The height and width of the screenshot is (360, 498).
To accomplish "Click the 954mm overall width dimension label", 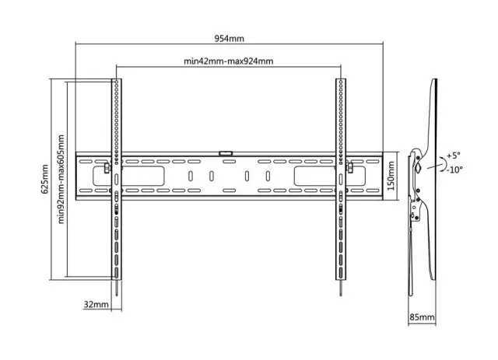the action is tap(229, 38).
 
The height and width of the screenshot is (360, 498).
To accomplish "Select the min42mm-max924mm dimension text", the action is tap(228, 61).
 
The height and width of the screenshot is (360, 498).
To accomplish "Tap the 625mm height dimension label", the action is tap(44, 179).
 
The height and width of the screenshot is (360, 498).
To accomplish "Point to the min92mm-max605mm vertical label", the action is tap(61, 180).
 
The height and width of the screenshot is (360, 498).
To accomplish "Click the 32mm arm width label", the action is tap(96, 305).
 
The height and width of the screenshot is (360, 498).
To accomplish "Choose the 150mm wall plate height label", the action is tap(391, 176).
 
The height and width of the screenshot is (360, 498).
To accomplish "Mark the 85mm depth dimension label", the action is tap(422, 316).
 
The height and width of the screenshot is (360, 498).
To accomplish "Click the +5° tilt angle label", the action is tap(453, 156).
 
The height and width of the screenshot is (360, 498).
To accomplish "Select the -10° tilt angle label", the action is tap(454, 170).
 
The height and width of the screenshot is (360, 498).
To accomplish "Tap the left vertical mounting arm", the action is tap(117, 180).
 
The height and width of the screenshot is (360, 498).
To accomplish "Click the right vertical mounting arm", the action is tap(341, 180).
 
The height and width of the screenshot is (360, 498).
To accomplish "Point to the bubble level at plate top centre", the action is tap(226, 153).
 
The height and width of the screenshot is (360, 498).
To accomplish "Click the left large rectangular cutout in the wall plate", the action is tap(128, 177).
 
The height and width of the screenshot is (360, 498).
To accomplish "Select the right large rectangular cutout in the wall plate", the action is tap(329, 177).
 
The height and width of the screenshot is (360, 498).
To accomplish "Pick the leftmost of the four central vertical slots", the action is tap(191, 177).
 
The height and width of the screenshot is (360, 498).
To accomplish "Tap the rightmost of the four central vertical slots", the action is tap(268, 177).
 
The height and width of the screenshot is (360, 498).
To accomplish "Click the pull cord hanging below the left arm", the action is tap(117, 288).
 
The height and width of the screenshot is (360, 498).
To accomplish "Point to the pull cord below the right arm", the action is tap(341, 288).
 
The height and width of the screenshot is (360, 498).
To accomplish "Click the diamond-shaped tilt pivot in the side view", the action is tap(418, 167).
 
